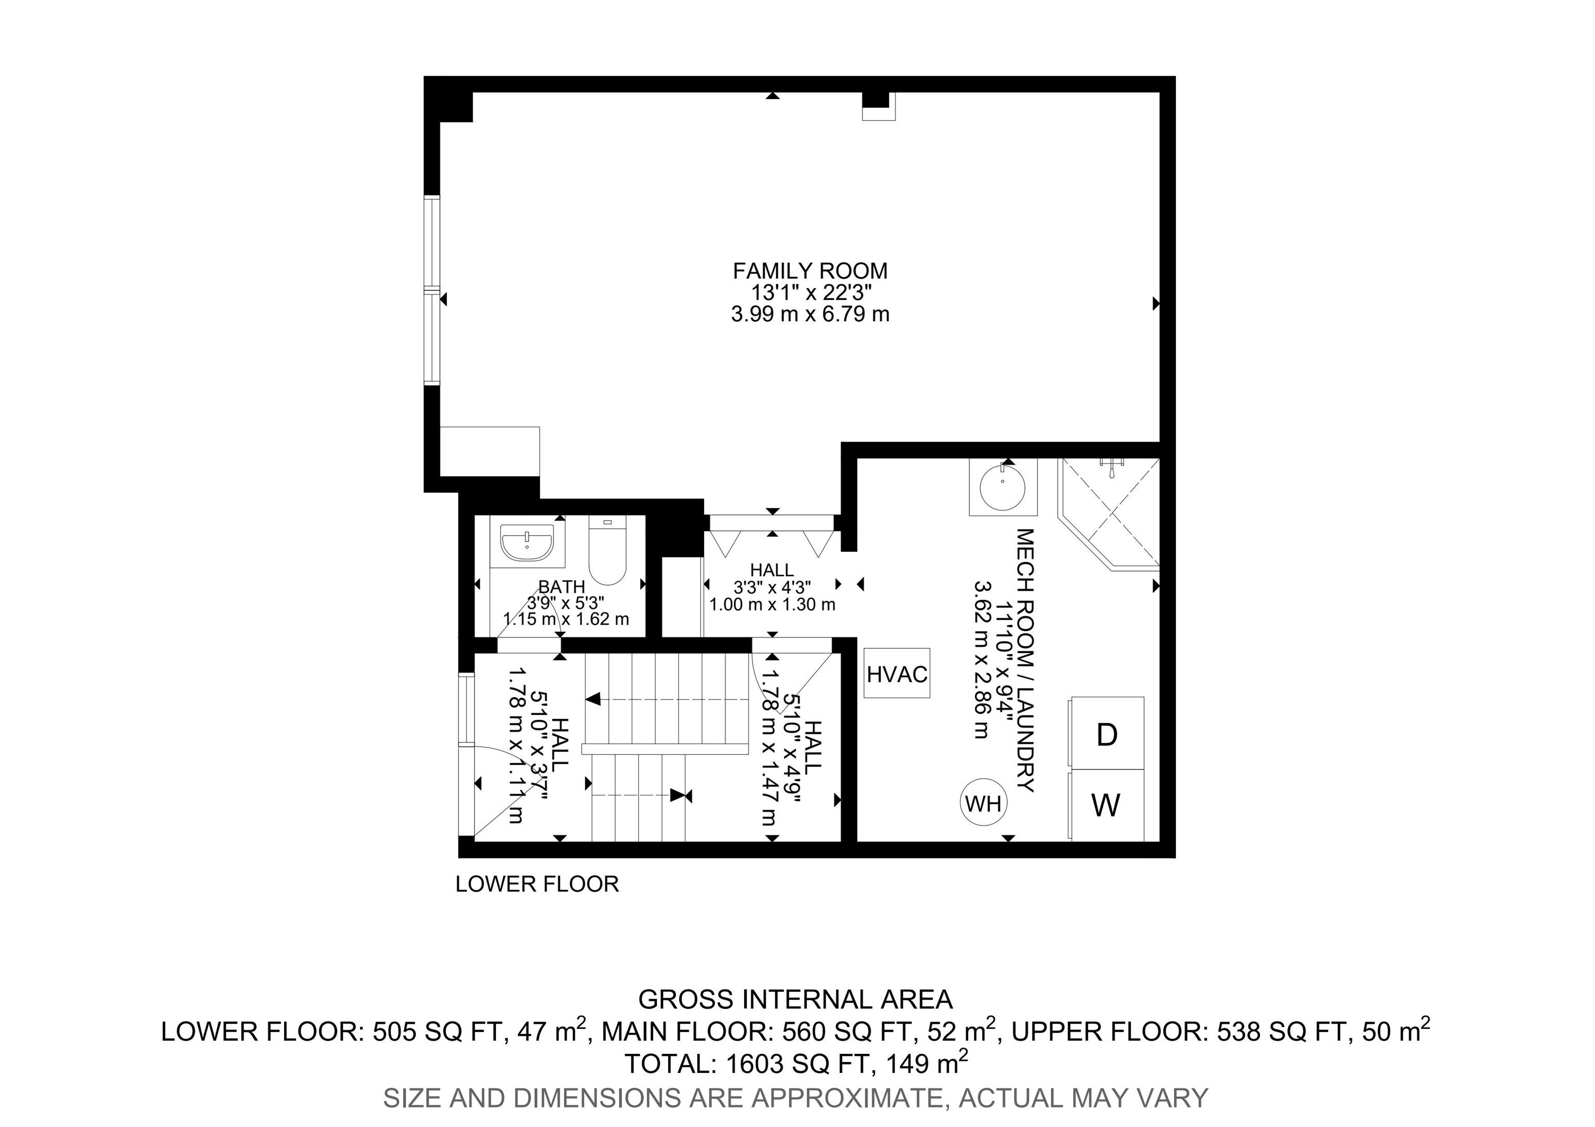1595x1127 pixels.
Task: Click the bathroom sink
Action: click(x=528, y=542)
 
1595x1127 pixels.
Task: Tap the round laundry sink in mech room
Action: click(x=1003, y=487)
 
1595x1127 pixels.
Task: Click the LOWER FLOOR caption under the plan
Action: click(x=537, y=884)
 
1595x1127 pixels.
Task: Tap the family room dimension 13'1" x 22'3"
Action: click(x=810, y=292)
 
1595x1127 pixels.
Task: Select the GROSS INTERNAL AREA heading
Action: click(x=795, y=999)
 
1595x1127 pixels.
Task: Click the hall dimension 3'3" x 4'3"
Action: click(x=772, y=588)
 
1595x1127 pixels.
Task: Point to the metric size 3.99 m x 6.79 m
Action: click(x=810, y=315)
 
